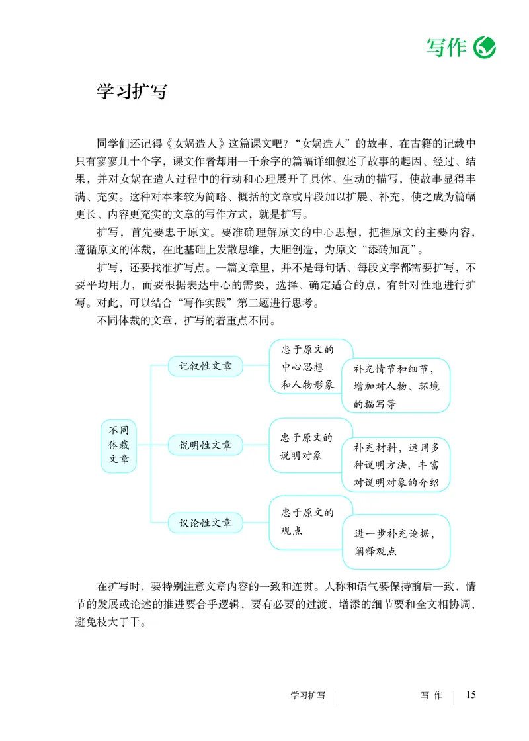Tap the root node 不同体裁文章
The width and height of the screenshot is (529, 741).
click(119, 445)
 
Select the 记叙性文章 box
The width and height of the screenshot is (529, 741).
click(205, 366)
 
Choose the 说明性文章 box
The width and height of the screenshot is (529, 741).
click(205, 445)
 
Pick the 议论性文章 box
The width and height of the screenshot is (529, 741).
click(205, 522)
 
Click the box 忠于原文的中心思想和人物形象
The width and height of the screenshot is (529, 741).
click(308, 366)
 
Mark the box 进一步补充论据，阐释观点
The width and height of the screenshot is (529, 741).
click(395, 541)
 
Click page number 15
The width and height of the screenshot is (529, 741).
click(471, 695)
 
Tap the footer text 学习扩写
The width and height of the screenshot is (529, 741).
click(308, 696)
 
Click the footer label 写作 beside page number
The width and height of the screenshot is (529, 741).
click(430, 696)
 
